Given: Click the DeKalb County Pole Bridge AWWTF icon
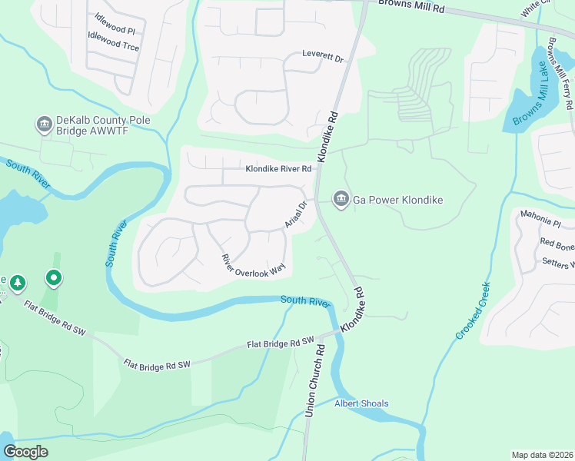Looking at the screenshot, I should (x=43, y=123).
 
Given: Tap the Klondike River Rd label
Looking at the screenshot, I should (x=278, y=169).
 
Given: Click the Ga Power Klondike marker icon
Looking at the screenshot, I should (x=340, y=200).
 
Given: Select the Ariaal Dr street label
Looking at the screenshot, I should (x=295, y=214).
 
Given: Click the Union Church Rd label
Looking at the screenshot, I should (x=317, y=380).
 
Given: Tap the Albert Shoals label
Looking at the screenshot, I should (x=361, y=403).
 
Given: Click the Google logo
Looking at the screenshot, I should (x=25, y=452).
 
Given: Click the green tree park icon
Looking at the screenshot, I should (x=17, y=284).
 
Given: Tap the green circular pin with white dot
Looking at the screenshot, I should (x=53, y=277).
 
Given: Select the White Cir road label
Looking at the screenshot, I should (x=536, y=9).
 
